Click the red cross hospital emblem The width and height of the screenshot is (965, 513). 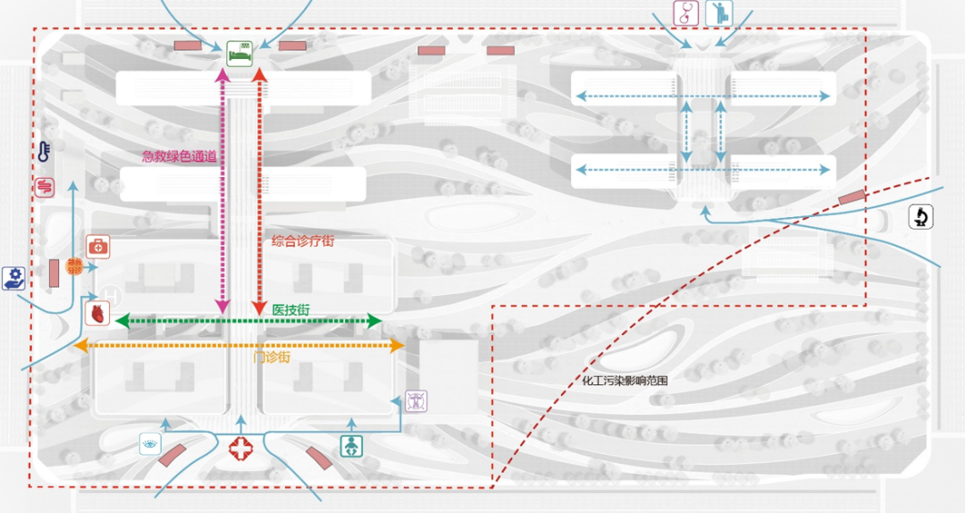coord(240,450)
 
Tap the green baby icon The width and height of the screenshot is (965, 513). coord(352,445)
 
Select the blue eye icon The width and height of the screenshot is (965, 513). coord(149,444)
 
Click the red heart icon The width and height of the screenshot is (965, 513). coord(96,313)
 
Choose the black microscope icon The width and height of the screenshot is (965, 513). coord(921,216)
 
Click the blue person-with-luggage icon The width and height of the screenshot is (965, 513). coord(719,13)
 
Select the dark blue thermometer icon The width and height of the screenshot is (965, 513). coord(44,152)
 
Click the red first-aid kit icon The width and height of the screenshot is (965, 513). coord(97,246)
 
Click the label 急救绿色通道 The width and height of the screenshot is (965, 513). coord(180,156)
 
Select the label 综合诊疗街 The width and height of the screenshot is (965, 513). coord(302,241)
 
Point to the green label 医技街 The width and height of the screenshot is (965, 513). coord(291,309)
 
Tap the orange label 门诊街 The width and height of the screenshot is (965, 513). coord(272,357)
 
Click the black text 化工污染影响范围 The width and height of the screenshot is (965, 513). coord(625,381)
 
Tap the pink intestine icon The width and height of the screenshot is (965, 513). coord(44,186)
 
